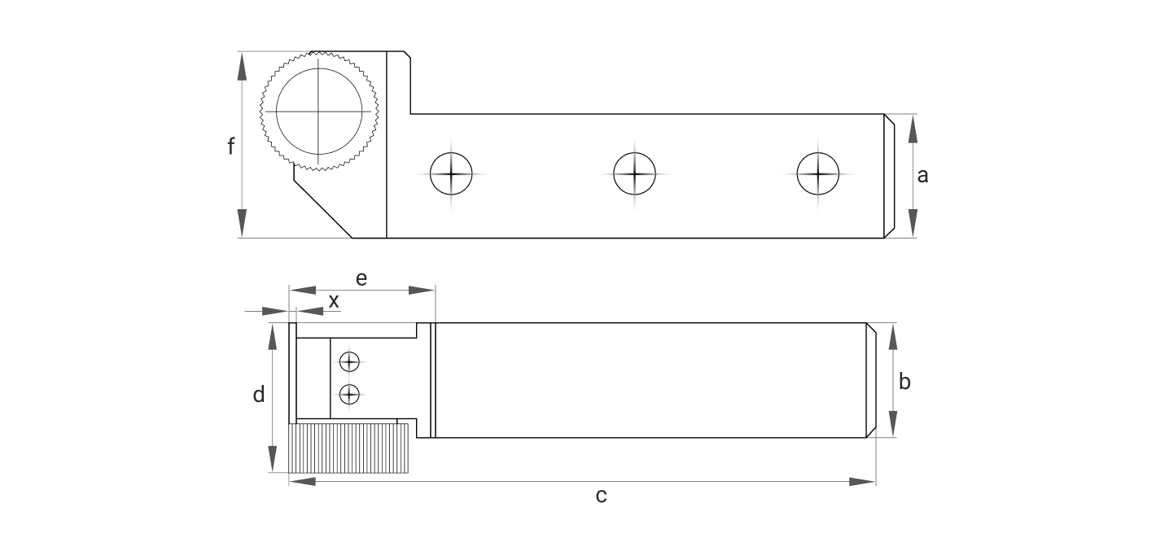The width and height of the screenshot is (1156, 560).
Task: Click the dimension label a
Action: [x=922, y=175]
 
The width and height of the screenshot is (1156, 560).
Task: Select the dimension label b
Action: [x=904, y=380]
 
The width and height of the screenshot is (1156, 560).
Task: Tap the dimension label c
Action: [x=601, y=495]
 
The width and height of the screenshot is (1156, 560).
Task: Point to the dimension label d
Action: [x=259, y=396]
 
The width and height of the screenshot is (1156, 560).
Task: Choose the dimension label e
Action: [x=361, y=278]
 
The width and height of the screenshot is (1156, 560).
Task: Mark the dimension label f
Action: [x=231, y=147]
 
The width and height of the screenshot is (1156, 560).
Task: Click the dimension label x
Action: [x=334, y=300]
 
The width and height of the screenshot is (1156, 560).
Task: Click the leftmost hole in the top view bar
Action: [x=451, y=173]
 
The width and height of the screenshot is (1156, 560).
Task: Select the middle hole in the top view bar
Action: [x=634, y=173]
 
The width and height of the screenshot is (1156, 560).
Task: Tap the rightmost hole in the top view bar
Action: [x=817, y=173]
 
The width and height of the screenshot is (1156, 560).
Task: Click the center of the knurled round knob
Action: [x=319, y=111]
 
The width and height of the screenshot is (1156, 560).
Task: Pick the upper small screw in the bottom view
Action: [x=349, y=361]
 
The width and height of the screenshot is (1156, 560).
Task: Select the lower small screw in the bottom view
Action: [x=349, y=394]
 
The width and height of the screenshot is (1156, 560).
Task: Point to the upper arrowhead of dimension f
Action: [x=242, y=65]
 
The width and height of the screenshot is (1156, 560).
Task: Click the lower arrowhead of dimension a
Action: [x=912, y=224]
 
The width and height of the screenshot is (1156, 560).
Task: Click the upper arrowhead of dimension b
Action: [x=893, y=336]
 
